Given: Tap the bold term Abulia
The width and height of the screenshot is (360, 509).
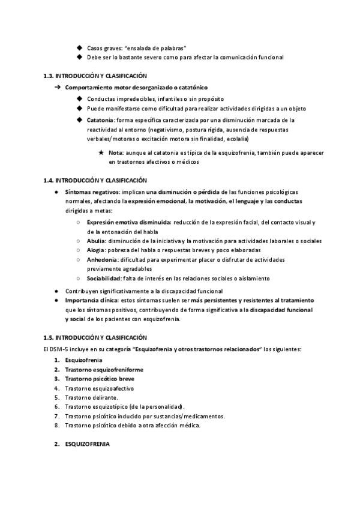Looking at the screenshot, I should [x=96, y=241].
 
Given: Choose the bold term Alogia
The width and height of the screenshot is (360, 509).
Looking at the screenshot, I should [x=97, y=250].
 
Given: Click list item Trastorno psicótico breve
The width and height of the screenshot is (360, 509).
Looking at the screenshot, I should [x=100, y=379].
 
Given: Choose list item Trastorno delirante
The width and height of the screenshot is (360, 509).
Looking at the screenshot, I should [x=92, y=397].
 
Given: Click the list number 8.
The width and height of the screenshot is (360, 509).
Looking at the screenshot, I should [x=57, y=426].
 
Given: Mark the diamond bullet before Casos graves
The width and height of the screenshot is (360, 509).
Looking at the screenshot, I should [x=80, y=47].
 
